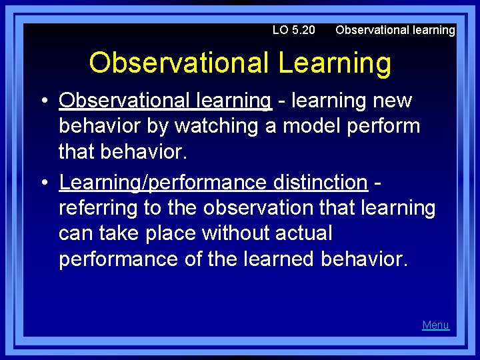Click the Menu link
coord(435,325)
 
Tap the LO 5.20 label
coord(293,30)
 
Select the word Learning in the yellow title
coord(335,63)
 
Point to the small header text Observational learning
coord(395,30)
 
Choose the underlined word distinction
coord(319,182)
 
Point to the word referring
coord(98,208)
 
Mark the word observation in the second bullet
coord(258,208)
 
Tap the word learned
coord(273,259)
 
